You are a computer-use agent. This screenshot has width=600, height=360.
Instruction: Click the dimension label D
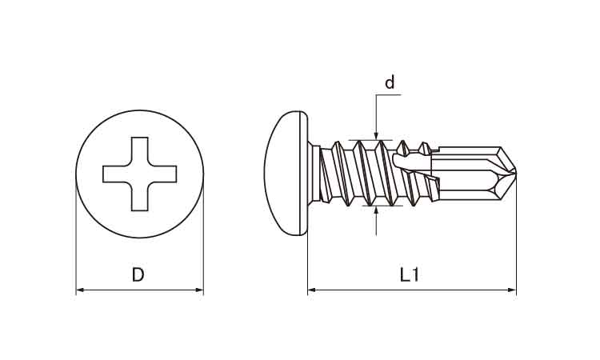click(x=138, y=274)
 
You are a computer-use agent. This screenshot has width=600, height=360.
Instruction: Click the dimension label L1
click(x=410, y=274)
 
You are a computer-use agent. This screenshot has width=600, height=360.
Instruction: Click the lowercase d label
click(x=390, y=82)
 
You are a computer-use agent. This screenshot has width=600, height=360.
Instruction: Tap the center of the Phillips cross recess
click(x=140, y=174)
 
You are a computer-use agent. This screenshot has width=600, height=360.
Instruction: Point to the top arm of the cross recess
click(x=140, y=151)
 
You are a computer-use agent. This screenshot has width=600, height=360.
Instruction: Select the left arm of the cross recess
click(x=117, y=174)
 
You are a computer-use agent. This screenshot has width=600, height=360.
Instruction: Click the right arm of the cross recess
click(x=162, y=174)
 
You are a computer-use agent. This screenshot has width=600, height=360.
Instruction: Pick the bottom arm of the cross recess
click(x=140, y=197)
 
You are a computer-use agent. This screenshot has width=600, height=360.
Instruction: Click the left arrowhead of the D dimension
click(x=80, y=290)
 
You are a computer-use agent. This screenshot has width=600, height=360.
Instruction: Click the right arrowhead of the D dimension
click(x=199, y=290)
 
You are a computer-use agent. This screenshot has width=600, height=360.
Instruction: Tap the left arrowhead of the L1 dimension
click(x=312, y=290)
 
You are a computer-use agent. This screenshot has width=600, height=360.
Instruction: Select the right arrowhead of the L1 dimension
click(x=512, y=290)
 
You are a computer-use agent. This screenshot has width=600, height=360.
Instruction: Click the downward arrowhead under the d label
click(x=376, y=136)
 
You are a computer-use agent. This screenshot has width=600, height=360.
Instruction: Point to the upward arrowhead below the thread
click(x=377, y=210)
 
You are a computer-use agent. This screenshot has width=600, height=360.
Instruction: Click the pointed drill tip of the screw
click(x=515, y=174)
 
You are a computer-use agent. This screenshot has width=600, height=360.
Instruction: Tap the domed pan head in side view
click(x=286, y=174)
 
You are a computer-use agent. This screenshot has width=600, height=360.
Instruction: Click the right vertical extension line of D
click(x=203, y=234)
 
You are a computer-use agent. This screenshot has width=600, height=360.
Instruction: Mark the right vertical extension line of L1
click(x=516, y=234)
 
